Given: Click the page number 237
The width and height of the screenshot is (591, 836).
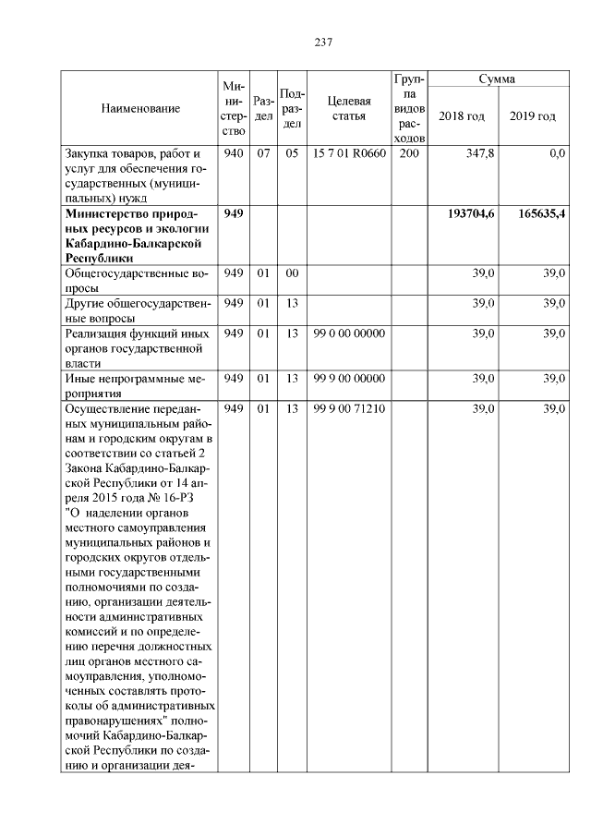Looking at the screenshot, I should (x=322, y=42).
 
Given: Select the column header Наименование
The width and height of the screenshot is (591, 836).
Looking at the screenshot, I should (x=140, y=108).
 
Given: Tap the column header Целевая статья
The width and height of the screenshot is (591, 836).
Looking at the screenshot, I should (x=349, y=108).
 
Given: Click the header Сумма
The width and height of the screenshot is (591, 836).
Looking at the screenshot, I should (x=497, y=79).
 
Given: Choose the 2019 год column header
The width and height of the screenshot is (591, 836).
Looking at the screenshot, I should (x=533, y=115).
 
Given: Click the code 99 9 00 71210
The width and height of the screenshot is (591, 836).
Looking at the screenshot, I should (x=349, y=408).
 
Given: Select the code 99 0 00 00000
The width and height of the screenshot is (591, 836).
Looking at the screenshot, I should (x=349, y=333).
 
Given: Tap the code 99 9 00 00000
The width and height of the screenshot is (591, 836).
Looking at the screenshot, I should (x=349, y=378).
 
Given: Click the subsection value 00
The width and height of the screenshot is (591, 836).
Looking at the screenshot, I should (x=292, y=274).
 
